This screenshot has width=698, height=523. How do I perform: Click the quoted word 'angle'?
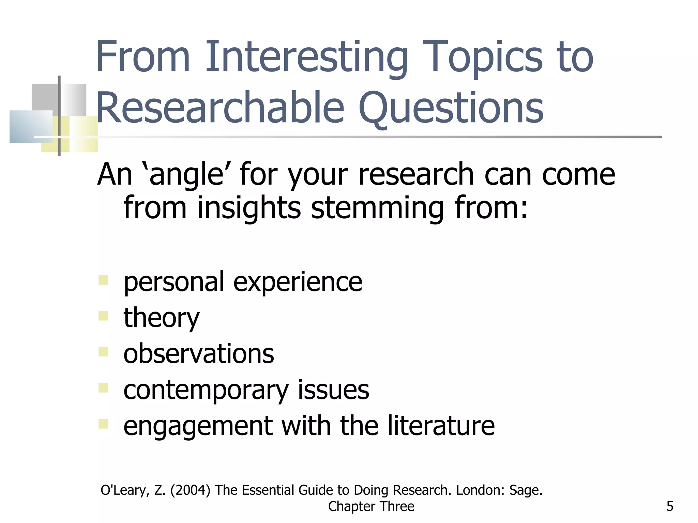[186, 174]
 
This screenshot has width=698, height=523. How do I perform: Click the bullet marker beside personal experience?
[103, 280]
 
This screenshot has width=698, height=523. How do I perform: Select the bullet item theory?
[161, 317]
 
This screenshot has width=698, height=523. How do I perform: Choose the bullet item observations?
[199, 353]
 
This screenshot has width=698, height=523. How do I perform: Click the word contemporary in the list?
[206, 390]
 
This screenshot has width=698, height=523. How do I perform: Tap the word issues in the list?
[333, 390]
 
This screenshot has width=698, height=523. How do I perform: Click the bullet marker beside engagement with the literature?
[103, 424]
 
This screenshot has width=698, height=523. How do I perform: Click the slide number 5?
[670, 506]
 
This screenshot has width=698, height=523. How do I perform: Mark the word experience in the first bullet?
[298, 282]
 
